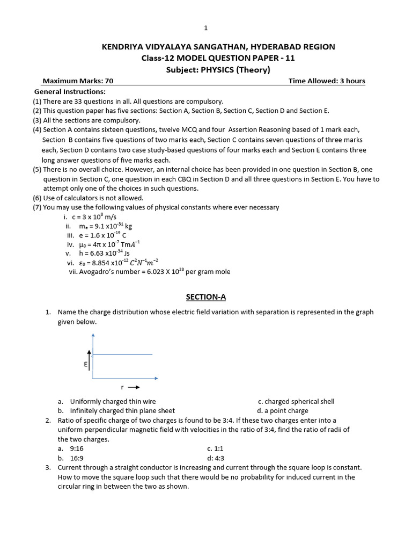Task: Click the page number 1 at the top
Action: click(x=205, y=28)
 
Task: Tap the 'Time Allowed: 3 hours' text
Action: click(x=327, y=81)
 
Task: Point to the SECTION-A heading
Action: click(x=205, y=296)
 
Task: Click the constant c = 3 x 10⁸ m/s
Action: click(x=94, y=217)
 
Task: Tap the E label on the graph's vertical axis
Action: click(x=85, y=364)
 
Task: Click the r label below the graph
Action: click(x=123, y=387)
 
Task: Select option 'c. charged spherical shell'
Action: click(x=296, y=401)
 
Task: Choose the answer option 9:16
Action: click(x=76, y=448)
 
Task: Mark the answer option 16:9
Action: click(x=76, y=458)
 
